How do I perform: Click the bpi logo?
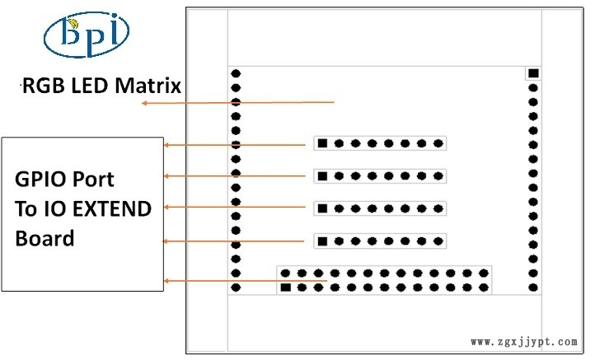coord(87,35)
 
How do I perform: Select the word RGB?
coord(44,86)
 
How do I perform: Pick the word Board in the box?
coord(45,238)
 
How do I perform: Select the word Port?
coord(93,179)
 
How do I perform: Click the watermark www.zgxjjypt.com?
coord(524,342)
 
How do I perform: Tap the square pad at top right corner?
coord(533,73)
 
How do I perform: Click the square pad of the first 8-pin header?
coord(322,143)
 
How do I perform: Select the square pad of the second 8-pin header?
coord(322,176)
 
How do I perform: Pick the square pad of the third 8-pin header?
coord(322,208)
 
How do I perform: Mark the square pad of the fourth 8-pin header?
coord(322,241)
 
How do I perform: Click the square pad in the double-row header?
coord(285,288)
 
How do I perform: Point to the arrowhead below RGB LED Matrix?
coord(145,103)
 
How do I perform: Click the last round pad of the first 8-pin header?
coord(438,143)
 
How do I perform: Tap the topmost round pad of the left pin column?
coord(236,73)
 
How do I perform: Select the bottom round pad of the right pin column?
coord(533,288)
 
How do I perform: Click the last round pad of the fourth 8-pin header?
coord(438,241)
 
